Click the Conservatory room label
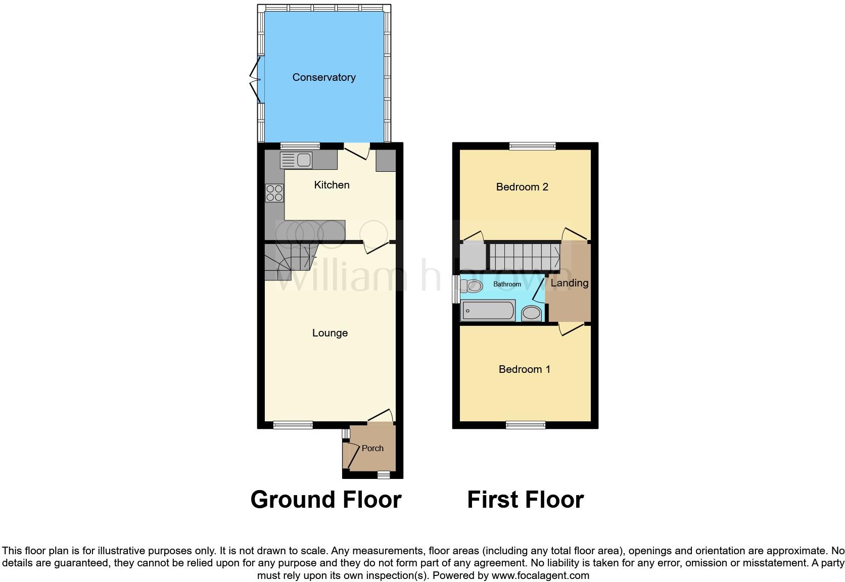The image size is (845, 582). tap(324, 77)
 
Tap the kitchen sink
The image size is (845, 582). tap(296, 160)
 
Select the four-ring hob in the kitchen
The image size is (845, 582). tap(274, 193)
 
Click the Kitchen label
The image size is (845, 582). tap(332, 185)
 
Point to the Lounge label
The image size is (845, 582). tap(330, 333)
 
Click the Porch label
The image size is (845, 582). tap(372, 448)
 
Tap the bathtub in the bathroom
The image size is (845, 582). tap(488, 310)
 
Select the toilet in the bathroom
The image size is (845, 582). tap(472, 286)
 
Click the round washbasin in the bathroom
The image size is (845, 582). tap(531, 313)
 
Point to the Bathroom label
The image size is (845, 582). tap(507, 284)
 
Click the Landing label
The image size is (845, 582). tap(570, 283)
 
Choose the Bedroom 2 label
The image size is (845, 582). tap(522, 187)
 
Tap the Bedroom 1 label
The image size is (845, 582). tap(524, 369)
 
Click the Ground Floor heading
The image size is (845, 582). tap(326, 499)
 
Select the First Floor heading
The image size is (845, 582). tap(525, 499)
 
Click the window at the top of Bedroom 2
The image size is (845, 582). tap(532, 146)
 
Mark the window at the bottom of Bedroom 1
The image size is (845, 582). tap(526, 425)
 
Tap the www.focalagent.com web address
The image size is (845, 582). tap(540, 575)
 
